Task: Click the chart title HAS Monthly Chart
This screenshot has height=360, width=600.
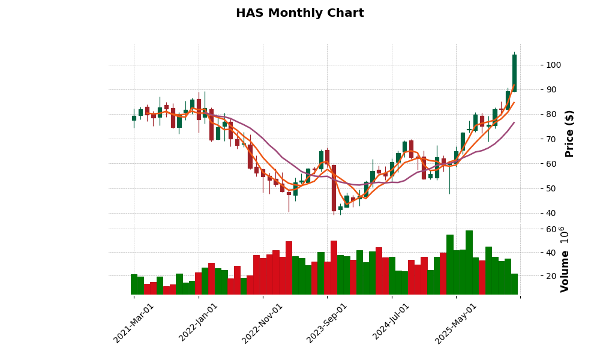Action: (299, 13)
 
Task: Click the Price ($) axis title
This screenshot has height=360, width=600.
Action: (569, 133)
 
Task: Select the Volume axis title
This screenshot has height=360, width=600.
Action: (565, 259)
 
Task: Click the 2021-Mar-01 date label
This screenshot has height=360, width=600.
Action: (134, 323)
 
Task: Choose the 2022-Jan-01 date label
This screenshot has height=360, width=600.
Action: (199, 323)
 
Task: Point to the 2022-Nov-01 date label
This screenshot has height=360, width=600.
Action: (262, 323)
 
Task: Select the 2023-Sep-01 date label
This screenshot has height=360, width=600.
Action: (327, 323)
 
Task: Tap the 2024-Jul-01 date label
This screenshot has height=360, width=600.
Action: (391, 323)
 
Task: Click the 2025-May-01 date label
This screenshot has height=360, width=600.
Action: (456, 323)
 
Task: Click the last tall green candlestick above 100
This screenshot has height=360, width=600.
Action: (514, 73)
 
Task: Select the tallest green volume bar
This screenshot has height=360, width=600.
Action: (469, 262)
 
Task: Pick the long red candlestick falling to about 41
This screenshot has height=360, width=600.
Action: (334, 188)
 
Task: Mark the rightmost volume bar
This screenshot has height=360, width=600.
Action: (514, 284)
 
